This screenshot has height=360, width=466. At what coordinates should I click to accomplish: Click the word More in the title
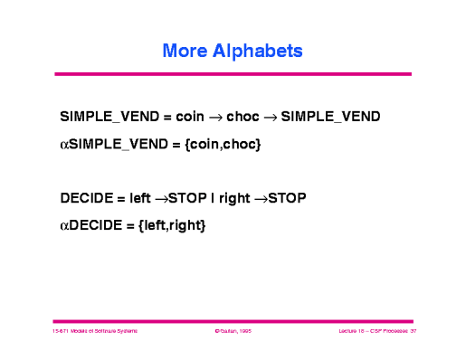click(x=185, y=52)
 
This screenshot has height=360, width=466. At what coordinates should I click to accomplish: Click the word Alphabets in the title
click(x=256, y=52)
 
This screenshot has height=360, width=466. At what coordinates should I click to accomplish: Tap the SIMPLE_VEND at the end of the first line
click(x=330, y=118)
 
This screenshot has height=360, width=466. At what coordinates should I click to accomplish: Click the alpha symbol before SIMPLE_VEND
click(x=64, y=143)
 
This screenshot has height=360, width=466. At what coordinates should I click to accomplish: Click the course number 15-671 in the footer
click(x=63, y=333)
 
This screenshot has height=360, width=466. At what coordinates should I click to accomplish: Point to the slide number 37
click(x=412, y=333)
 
